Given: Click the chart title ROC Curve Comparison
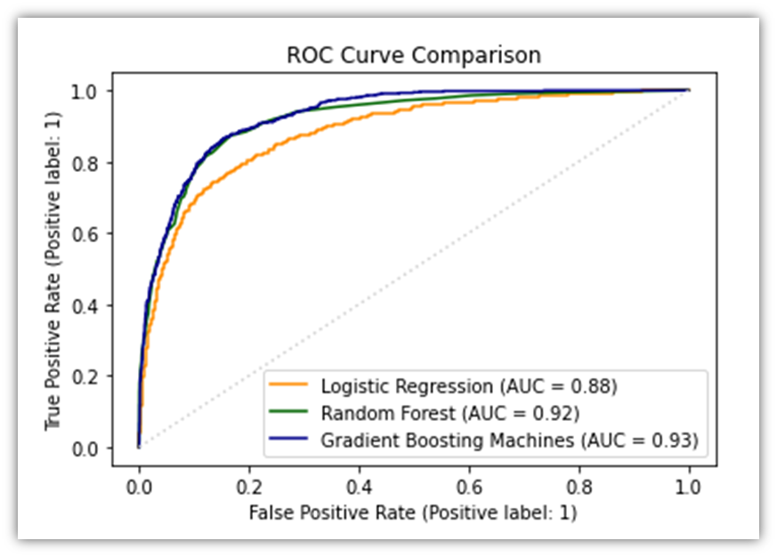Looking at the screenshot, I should pos(413,55).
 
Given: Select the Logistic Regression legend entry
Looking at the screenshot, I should pos(468,387).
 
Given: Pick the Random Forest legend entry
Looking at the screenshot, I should pos(450,413).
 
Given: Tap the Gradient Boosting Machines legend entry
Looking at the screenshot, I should pos(508,439).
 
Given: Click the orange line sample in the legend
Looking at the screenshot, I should pos(293,387).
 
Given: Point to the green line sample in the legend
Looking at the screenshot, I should pos(293,413).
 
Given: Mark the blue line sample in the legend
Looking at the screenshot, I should pos(293,439).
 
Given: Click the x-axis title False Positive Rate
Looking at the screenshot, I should pos(414,513).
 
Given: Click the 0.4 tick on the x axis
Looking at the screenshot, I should pos(359,488).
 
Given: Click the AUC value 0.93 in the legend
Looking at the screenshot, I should pos(675,439).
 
